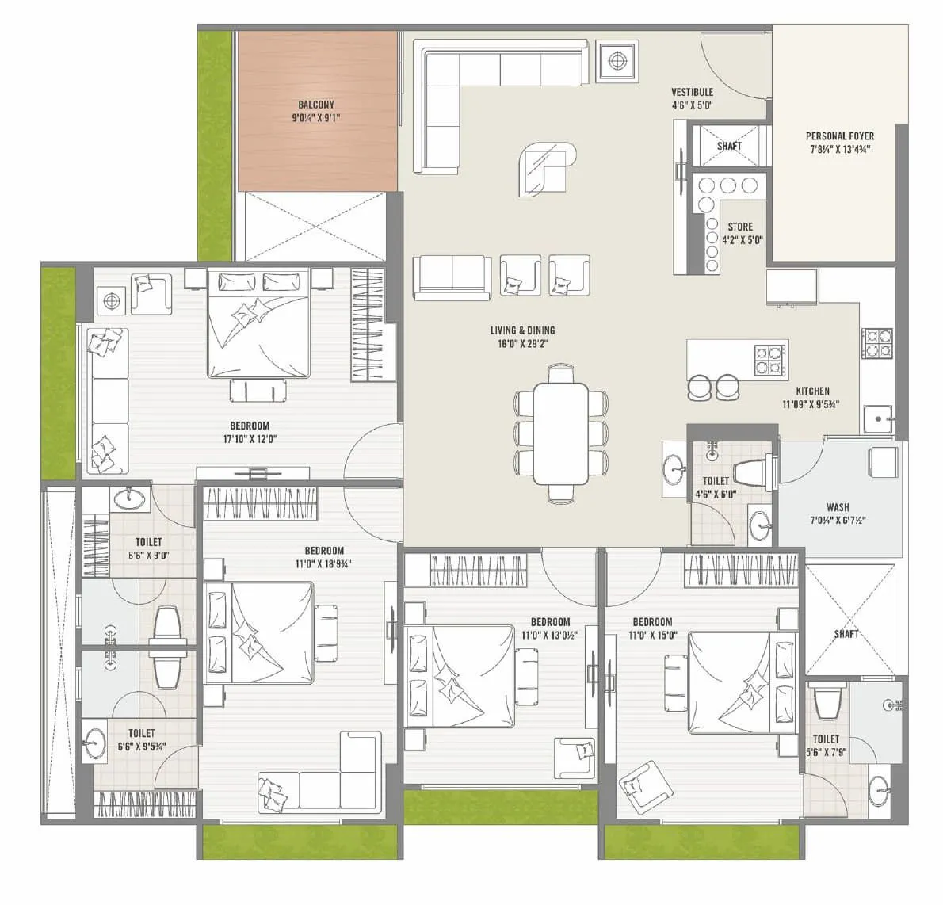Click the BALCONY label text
click(x=316, y=105)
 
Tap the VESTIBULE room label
click(x=692, y=92)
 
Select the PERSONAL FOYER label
click(x=840, y=136)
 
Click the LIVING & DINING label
click(x=521, y=330)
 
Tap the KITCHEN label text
click(x=812, y=391)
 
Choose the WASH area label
click(x=838, y=507)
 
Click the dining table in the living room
click(x=561, y=433)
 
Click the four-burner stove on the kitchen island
click(x=769, y=360)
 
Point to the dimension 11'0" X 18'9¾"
click(x=324, y=563)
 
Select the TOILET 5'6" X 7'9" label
click(x=826, y=745)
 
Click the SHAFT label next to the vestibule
click(x=729, y=146)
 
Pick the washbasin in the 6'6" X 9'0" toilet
click(x=128, y=498)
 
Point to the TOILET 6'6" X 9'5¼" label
click(x=142, y=739)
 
